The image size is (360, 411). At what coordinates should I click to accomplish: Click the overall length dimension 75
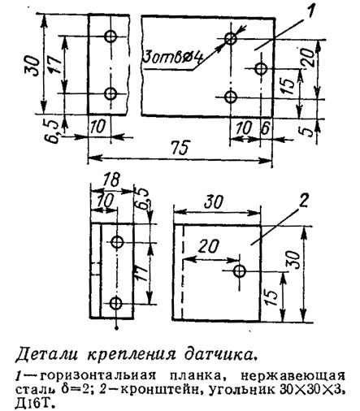(179, 148)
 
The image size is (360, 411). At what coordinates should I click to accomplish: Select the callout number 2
(303, 201)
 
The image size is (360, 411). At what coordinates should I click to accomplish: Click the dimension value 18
(111, 180)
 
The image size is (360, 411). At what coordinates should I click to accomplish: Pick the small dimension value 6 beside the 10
(266, 128)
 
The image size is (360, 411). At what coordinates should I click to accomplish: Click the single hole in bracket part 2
(240, 270)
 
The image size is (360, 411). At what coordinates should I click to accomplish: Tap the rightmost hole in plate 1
(261, 68)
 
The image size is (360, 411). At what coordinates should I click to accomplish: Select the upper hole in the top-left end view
(111, 37)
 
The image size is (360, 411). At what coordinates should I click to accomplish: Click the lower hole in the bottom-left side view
(116, 303)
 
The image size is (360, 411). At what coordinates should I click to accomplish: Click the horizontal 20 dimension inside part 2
(208, 246)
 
